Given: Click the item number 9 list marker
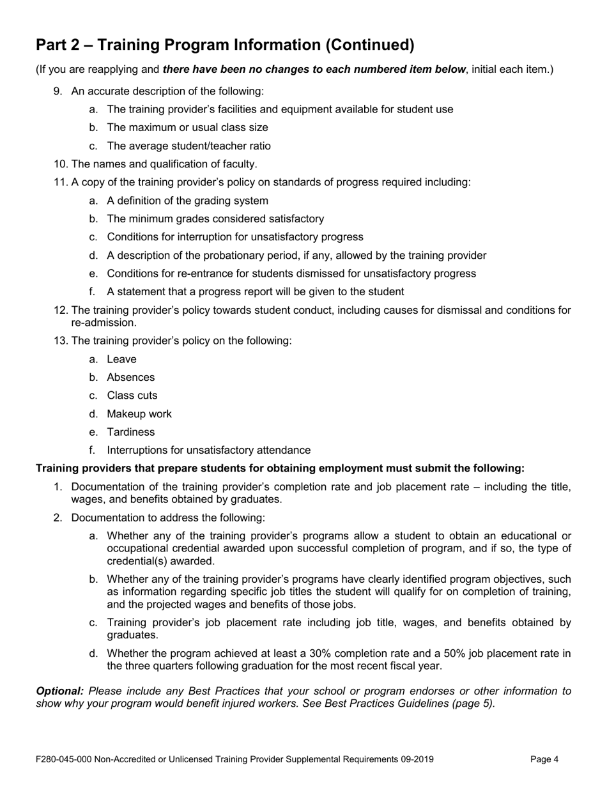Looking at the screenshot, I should (x=58, y=91).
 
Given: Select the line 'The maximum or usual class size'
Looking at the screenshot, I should (x=187, y=128).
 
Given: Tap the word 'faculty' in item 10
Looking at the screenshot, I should (x=238, y=164).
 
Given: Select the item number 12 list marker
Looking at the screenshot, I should (x=61, y=311).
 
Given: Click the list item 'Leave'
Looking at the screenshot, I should (x=121, y=359).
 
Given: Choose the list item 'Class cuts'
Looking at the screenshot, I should (x=132, y=396).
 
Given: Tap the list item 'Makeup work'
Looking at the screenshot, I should (x=139, y=414).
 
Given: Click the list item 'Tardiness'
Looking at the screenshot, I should (x=130, y=432).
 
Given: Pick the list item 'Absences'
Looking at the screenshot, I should (x=130, y=378).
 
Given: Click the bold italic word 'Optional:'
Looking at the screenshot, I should (x=59, y=691).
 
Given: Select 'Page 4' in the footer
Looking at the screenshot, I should (x=544, y=760).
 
